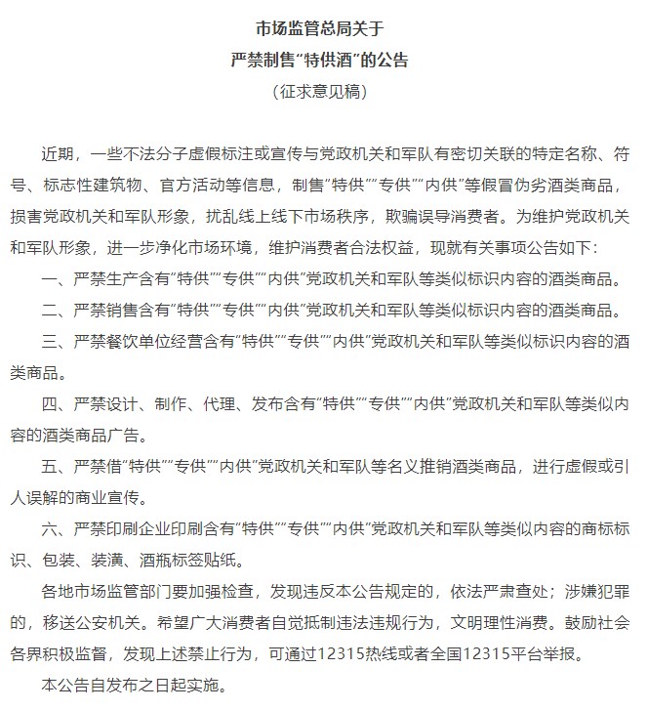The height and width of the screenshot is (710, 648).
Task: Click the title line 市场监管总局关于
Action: (x=323, y=28)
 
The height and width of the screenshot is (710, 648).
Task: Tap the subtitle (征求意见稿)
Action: (x=323, y=93)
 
